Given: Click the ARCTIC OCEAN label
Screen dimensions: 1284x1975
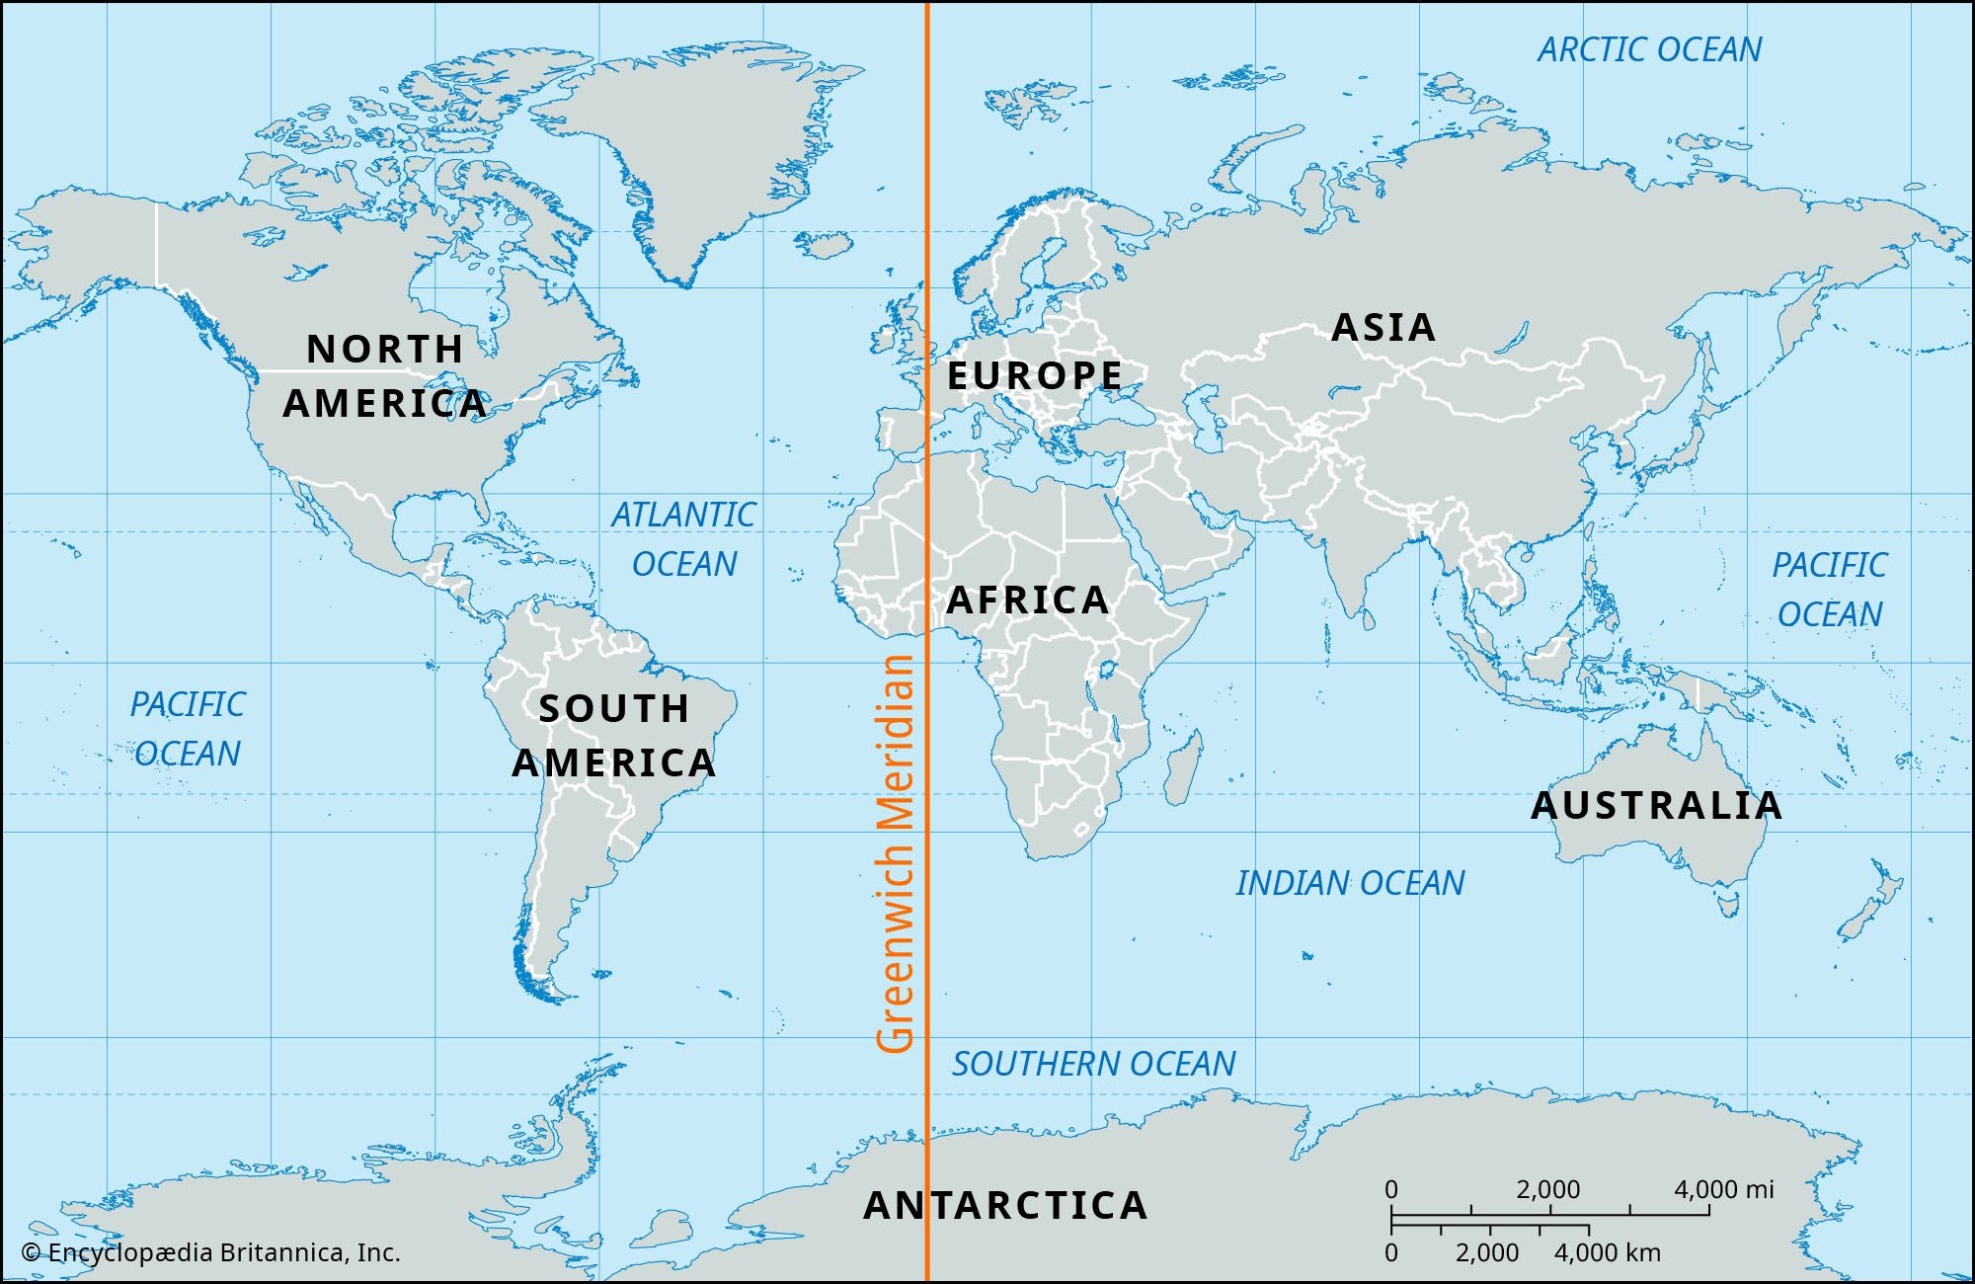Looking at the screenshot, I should point(1649,49).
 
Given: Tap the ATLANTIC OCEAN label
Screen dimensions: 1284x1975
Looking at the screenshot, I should point(683,539).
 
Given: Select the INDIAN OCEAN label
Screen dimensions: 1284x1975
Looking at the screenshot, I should point(1349,883).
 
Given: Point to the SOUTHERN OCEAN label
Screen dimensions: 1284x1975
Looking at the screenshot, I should point(1093,1064).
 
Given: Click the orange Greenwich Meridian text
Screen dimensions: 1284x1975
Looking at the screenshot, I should point(896,854).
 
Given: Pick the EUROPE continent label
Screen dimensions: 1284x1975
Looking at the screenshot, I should point(1035,375).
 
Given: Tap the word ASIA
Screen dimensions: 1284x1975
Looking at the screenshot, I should point(1382,327).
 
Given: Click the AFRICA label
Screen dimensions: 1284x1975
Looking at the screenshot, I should point(1027,600).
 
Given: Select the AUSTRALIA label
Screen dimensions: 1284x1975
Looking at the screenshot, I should point(1656,805).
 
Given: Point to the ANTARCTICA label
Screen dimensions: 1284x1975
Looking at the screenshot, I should point(1005,1205).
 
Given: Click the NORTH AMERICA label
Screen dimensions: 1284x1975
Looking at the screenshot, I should point(385,375).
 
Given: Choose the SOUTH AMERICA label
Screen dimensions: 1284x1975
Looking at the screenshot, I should point(613,736).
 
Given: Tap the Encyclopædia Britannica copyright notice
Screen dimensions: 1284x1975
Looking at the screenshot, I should point(211,1253).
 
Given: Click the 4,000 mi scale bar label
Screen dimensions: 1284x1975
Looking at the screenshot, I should point(1722,1189).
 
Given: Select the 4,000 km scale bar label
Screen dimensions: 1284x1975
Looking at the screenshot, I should point(1607,1253).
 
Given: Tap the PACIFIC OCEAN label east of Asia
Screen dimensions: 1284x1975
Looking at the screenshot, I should point(1829,590).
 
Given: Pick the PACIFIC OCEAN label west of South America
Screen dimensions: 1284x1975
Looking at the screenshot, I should point(188,729).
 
